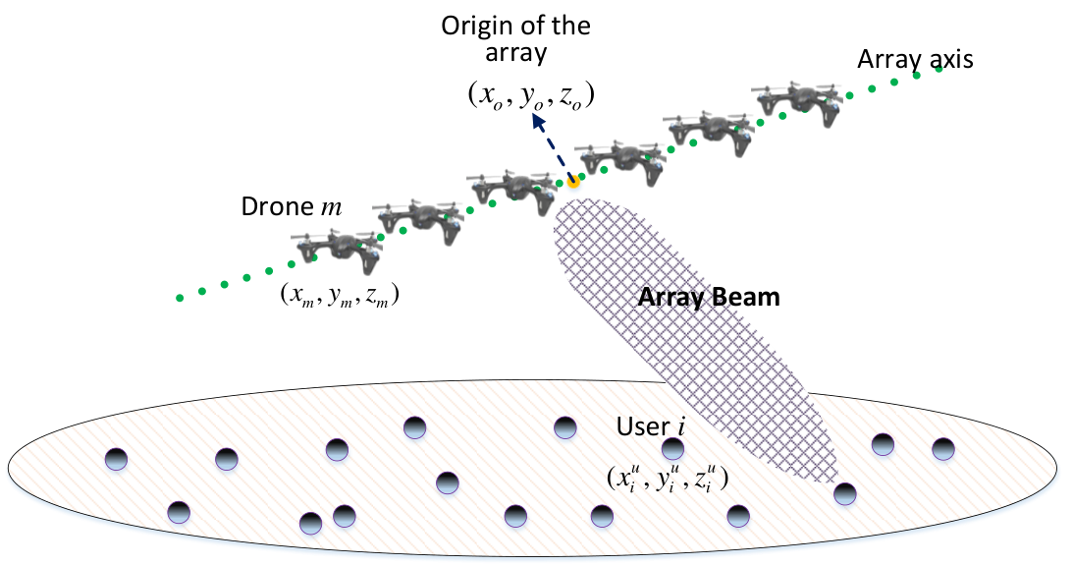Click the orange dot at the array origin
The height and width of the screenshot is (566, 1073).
pyautogui.click(x=572, y=182)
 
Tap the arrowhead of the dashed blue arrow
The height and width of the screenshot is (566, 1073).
pyautogui.click(x=539, y=122)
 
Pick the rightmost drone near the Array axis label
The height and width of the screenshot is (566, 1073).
pyautogui.click(x=801, y=102)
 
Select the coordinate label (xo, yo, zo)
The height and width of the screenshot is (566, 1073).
pyautogui.click(x=531, y=96)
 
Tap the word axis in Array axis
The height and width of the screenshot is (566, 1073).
pyautogui.click(x=947, y=60)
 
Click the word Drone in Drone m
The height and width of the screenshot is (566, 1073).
pyautogui.click(x=278, y=206)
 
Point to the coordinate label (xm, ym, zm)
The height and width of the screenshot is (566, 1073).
pyautogui.click(x=340, y=295)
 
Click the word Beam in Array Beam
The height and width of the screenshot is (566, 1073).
pyautogui.click(x=745, y=298)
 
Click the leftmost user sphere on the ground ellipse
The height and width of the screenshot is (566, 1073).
pyautogui.click(x=117, y=459)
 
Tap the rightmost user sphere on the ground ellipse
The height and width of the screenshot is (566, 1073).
pyautogui.click(x=943, y=449)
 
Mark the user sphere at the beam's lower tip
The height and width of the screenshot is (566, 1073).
pyautogui.click(x=844, y=493)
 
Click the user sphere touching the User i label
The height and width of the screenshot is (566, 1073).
pyautogui.click(x=672, y=449)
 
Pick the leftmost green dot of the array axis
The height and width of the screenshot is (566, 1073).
pyautogui.click(x=180, y=298)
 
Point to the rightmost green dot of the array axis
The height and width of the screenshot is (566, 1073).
pyautogui.click(x=939, y=69)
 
